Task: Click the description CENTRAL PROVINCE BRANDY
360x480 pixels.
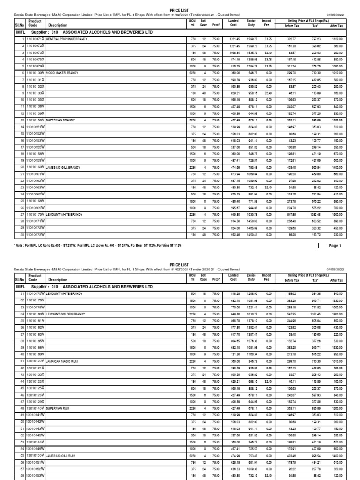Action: pyautogui.click(x=67, y=39)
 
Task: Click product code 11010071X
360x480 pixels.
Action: pyautogui.click(x=36, y=39)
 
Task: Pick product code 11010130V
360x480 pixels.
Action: pyautogui.click(x=36, y=74)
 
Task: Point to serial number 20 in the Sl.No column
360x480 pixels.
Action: pyautogui.click(x=22, y=167)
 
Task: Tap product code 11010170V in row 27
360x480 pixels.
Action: pyautogui.click(x=36, y=213)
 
